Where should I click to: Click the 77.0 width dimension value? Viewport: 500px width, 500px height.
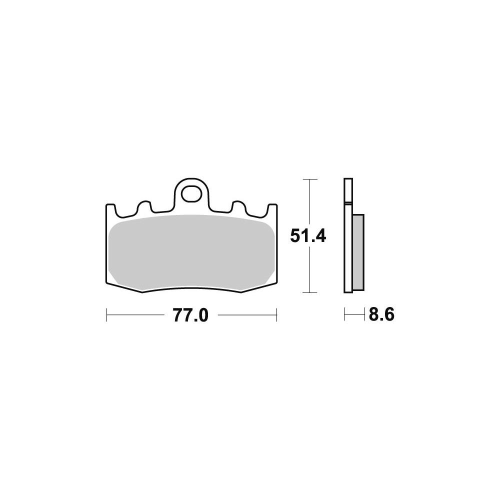[x=190, y=315]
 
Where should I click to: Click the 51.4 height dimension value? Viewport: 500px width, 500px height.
[x=308, y=236]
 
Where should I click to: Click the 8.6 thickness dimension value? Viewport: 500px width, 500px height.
[x=381, y=314]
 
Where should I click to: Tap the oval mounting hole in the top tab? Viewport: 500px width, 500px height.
[x=192, y=193]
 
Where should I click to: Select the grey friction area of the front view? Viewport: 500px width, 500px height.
[x=191, y=252]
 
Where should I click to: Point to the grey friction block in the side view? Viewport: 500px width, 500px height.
[x=358, y=252]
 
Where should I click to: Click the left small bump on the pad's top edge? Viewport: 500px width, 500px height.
[x=144, y=206]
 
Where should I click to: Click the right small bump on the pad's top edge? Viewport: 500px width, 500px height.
[x=239, y=206]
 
